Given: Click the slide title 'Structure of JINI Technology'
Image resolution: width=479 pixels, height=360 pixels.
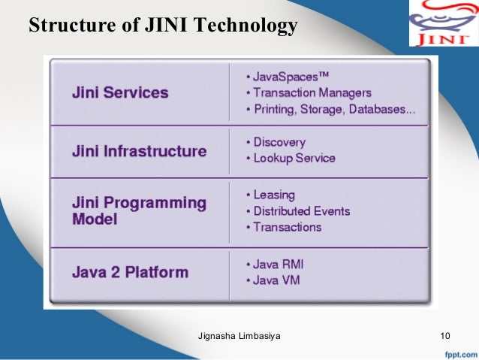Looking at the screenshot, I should point(163,26).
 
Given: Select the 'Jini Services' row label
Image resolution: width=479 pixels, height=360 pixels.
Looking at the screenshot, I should point(120,93).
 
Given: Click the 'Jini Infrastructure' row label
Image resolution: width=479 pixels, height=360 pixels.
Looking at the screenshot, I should point(139,151).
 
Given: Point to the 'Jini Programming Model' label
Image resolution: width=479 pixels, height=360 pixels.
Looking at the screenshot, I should point(139,210).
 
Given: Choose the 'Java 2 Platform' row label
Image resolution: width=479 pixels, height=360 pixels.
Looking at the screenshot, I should point(130,272).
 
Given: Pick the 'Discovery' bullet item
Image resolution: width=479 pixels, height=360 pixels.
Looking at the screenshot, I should point(279,142).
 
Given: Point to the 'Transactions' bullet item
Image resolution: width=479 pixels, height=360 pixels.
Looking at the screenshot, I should point(287,227).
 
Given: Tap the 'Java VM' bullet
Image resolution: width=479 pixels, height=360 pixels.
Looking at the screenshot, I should point(275,280).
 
